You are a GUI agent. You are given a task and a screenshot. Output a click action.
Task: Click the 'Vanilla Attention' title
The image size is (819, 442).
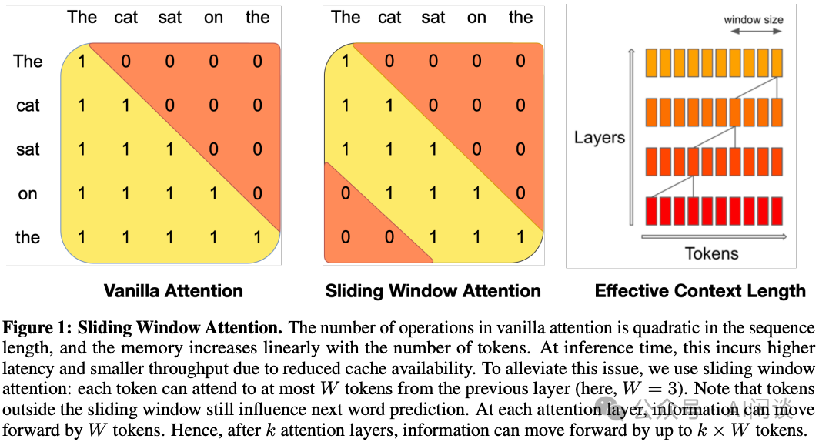point(173,291)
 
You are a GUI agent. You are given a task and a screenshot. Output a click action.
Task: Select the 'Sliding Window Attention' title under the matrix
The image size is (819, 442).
point(433,291)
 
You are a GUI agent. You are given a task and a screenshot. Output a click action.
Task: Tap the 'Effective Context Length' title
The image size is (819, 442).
point(700,291)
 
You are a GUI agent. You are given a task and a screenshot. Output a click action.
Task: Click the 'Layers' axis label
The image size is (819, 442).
point(599,138)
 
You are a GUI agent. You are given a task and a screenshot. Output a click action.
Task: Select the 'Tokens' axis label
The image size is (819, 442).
point(711,253)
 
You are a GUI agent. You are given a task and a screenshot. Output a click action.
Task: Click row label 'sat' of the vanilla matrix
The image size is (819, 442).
point(28,149)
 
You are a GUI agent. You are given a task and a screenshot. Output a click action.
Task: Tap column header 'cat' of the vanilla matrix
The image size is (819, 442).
point(125,17)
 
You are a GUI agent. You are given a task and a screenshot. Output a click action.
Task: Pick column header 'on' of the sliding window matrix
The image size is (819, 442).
point(476,17)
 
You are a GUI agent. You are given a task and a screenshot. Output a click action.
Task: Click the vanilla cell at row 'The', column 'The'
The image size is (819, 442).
point(82,62)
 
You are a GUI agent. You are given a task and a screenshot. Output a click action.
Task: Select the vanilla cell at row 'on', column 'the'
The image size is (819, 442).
point(257,194)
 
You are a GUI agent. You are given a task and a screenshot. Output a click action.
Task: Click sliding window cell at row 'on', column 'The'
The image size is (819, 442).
point(346,194)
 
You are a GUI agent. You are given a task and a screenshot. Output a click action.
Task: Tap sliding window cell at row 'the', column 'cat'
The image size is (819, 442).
point(389,238)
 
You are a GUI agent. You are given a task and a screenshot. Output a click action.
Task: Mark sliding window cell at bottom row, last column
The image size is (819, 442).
point(520,238)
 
